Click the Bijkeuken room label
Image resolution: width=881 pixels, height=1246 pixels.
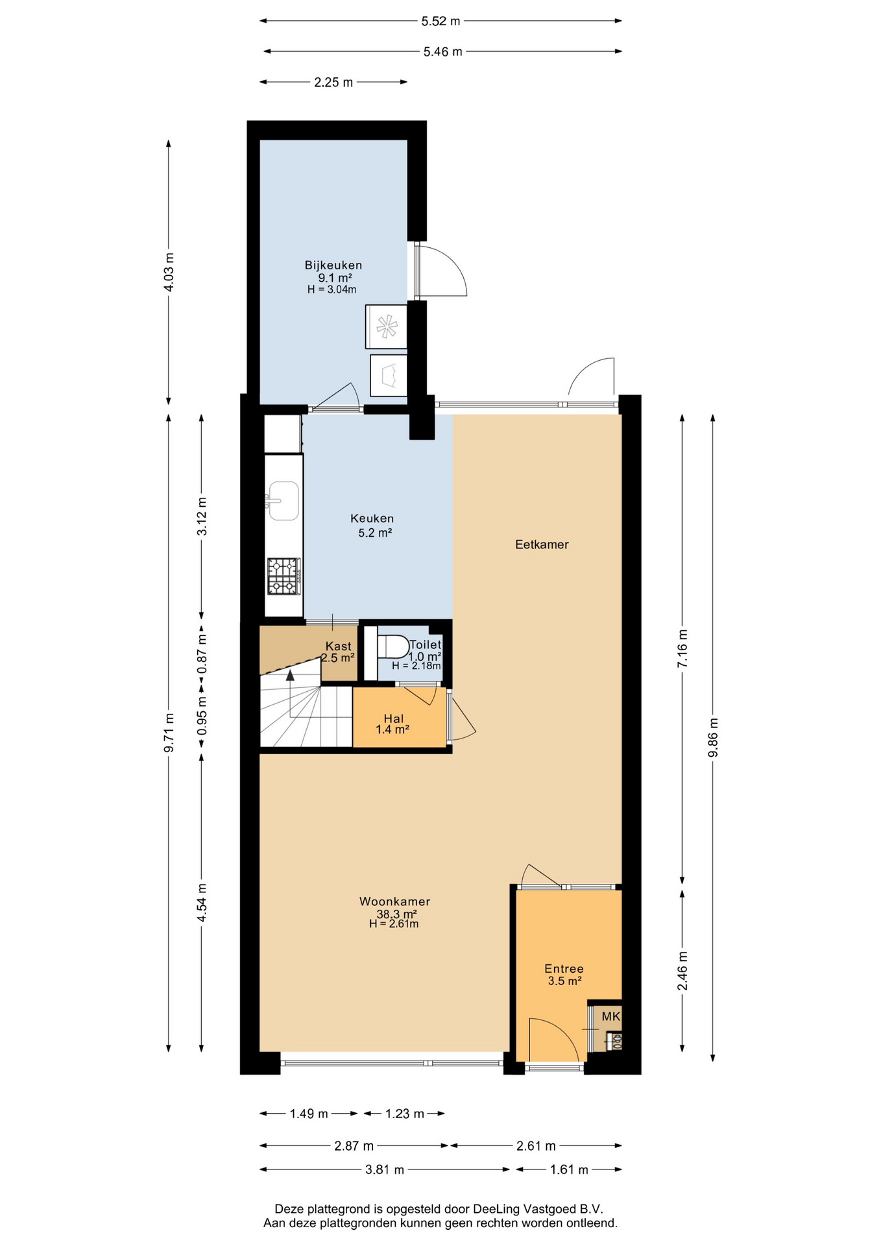click(x=333, y=265)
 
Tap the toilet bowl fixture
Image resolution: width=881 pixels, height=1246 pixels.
click(x=392, y=646)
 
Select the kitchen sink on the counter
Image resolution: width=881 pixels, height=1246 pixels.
click(x=284, y=500)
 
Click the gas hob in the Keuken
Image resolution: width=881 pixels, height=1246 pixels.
click(x=284, y=576)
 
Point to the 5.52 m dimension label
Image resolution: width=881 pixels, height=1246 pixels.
click(x=440, y=21)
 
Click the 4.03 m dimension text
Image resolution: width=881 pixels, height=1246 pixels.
click(x=169, y=272)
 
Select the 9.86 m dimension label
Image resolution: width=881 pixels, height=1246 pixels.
click(x=714, y=737)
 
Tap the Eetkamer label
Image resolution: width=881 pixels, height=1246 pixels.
click(x=542, y=544)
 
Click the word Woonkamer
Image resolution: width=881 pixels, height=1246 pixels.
click(x=394, y=901)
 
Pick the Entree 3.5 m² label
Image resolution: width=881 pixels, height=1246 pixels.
click(x=564, y=975)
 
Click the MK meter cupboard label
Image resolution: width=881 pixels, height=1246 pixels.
click(x=611, y=1016)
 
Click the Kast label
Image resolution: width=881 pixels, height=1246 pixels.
click(x=338, y=646)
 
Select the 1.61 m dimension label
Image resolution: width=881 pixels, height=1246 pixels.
click(x=569, y=1169)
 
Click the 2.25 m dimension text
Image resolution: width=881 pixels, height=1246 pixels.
click(x=333, y=82)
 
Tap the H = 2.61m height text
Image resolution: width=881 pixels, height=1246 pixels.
click(x=394, y=924)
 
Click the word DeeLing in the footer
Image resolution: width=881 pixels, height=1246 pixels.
click(x=497, y=1209)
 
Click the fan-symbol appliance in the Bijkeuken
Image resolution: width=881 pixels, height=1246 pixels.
click(x=387, y=326)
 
